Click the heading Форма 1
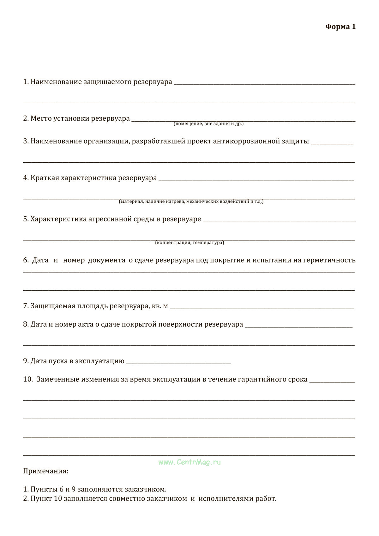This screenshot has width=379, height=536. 340,27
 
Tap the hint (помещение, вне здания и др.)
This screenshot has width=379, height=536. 208,124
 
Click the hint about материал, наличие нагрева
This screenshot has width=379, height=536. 191,202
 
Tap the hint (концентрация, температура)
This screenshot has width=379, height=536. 189,243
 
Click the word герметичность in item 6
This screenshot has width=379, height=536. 329,260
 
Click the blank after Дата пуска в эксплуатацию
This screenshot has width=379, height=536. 178,363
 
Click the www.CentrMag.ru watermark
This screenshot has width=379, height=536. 189,462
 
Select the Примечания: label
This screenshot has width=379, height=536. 46,471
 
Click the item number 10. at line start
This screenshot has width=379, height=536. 28,379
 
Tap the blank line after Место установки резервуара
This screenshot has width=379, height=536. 243,120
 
